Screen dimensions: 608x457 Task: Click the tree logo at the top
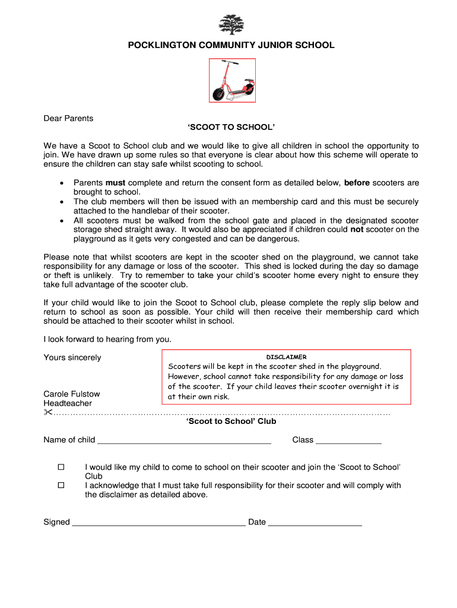pyautogui.click(x=231, y=25)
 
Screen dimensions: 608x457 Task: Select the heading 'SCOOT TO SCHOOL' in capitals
pyautogui.click(x=231, y=128)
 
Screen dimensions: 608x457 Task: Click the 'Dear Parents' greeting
pyautogui.click(x=68, y=118)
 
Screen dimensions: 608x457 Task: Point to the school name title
pyautogui.click(x=231, y=45)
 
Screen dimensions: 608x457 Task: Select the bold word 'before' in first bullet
pyautogui.click(x=357, y=183)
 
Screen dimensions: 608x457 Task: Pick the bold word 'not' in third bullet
pyautogui.click(x=357, y=230)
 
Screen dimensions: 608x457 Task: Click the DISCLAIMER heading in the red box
pyautogui.click(x=286, y=357)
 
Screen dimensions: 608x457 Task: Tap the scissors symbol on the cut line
pyautogui.click(x=48, y=413)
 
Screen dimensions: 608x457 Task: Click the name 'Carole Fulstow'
pyautogui.click(x=72, y=394)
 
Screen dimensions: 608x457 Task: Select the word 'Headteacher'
pyautogui.click(x=68, y=404)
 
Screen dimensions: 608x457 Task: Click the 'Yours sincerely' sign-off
pyautogui.click(x=72, y=357)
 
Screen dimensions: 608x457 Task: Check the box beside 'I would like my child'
pyautogui.click(x=61, y=467)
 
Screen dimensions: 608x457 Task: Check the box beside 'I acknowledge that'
pyautogui.click(x=61, y=486)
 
